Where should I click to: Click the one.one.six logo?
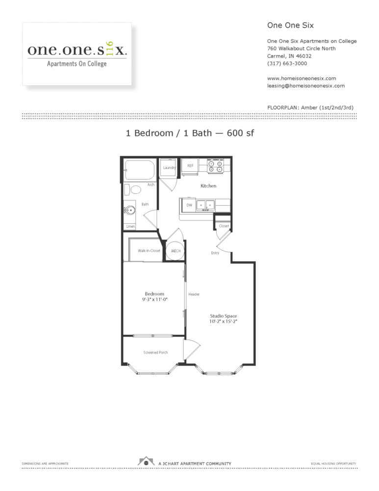point(77,54)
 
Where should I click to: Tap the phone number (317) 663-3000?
point(287,63)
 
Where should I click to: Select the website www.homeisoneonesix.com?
point(301,78)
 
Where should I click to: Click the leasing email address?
point(306,85)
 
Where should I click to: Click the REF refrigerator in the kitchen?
point(190,166)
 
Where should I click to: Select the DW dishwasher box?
point(189,205)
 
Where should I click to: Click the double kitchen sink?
point(206,204)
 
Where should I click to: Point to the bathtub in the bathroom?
point(139,169)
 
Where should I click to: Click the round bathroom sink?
point(130,211)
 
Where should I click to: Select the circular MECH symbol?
point(176,251)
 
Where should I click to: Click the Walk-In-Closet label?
point(149,250)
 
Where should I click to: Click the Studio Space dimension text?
point(223,321)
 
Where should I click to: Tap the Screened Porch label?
point(155,353)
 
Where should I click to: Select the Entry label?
point(215,253)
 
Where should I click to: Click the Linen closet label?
point(130,226)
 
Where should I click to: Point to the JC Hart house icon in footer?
point(145,463)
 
